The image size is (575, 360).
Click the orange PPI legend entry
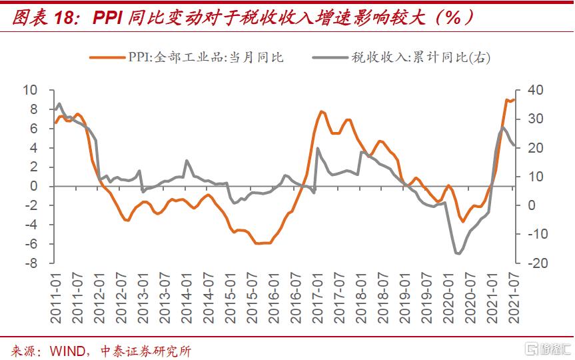pos(187,57)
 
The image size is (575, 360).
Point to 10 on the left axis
pos(29,90)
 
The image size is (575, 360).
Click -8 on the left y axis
pos(31,263)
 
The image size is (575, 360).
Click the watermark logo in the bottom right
pos(543,348)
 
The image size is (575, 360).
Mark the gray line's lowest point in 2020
pos(458,253)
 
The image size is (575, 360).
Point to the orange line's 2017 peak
pos(321,111)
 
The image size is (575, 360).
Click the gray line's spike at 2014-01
pos(186,161)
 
